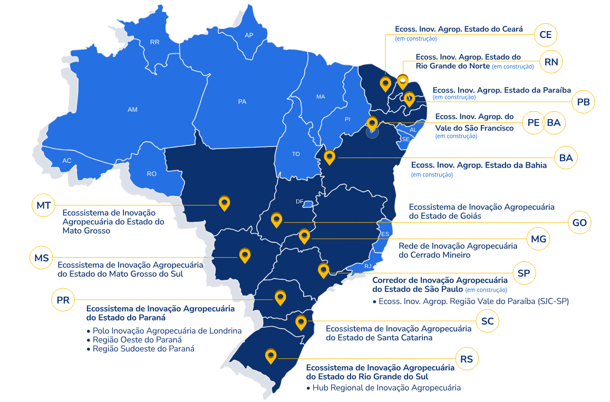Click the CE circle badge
tap(546, 35)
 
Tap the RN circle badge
tap(551, 62)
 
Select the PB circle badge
tap(583, 102)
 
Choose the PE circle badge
tap(534, 123)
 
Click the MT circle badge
tap(44, 205)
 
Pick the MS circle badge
tap(42, 258)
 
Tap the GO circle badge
tap(579, 223)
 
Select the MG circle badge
tap(538, 239)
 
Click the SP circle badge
tap(524, 273)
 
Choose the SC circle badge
tap(487, 321)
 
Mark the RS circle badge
tap(467, 359)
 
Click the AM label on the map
tap(132, 110)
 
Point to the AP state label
tap(249, 35)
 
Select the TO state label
tap(296, 154)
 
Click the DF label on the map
tap(299, 201)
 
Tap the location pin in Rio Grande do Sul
tap(271, 356)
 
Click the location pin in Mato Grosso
tap(225, 203)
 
